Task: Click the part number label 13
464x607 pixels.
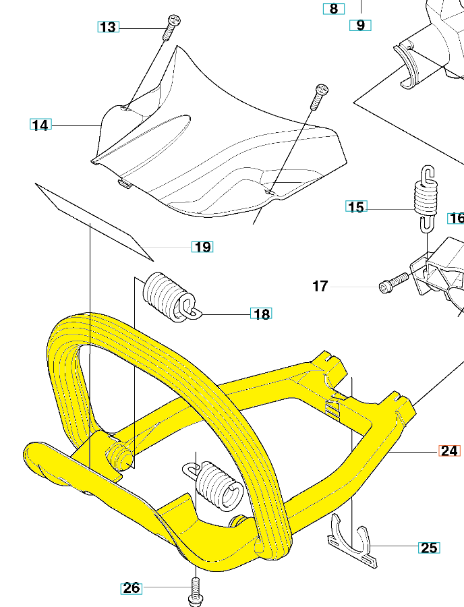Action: tap(108, 27)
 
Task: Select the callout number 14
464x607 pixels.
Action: tap(40, 125)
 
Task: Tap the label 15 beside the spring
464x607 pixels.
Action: tap(356, 207)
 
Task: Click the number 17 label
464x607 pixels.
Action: tap(320, 287)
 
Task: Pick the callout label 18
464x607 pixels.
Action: tap(261, 314)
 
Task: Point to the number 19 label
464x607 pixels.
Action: tap(202, 247)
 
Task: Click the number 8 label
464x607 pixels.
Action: tap(333, 9)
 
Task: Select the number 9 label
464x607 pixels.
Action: tap(360, 26)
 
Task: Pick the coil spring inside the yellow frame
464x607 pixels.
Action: tap(217, 484)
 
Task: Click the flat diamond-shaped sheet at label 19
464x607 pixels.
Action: tap(94, 219)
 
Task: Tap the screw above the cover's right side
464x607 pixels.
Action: tap(318, 98)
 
